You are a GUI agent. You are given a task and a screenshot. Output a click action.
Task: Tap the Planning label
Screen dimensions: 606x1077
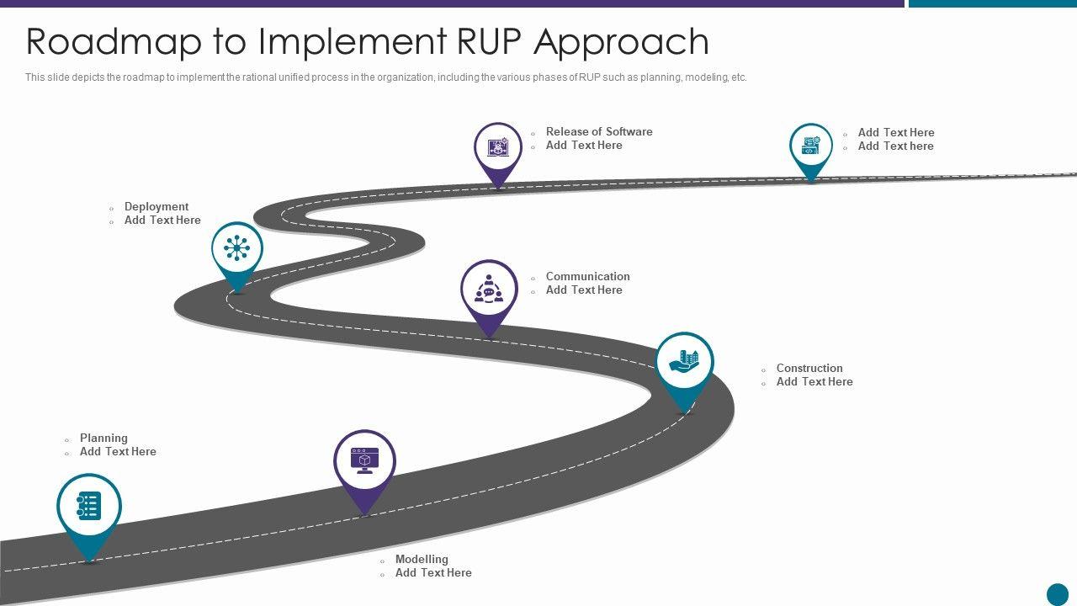pos(103,438)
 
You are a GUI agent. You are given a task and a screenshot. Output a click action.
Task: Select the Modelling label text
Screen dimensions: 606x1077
pos(422,559)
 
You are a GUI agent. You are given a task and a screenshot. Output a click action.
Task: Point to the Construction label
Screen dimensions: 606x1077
pos(809,368)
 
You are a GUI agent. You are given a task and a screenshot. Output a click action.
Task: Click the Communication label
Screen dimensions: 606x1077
pos(587,276)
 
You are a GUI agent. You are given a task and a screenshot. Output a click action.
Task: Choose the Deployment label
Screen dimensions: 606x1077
pos(157,206)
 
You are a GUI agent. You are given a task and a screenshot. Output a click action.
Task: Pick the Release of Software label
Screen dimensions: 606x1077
pos(599,131)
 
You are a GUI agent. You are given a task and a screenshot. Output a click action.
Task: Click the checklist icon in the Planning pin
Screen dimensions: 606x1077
pos(88,506)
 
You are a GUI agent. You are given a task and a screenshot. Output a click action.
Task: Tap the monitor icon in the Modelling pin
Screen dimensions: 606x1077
pos(364,460)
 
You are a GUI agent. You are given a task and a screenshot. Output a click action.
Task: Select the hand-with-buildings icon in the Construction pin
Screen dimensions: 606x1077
pos(684,362)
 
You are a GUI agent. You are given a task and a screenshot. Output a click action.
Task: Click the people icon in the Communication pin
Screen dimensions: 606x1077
pos(489,290)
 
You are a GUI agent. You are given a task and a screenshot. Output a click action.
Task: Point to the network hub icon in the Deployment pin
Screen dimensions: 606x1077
pos(237,247)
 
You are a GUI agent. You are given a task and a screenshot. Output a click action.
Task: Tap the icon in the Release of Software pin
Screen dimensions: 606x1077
pos(498,147)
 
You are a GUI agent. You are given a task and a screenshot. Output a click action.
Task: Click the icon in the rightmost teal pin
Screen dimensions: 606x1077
pos(810,146)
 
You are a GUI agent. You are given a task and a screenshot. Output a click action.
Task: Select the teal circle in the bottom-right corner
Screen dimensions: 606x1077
pos(1057,594)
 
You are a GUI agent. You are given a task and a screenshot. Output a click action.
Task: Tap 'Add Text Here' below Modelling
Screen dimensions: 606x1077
pos(433,572)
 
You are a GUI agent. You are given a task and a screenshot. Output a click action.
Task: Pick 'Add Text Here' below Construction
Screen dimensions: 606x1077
pos(814,381)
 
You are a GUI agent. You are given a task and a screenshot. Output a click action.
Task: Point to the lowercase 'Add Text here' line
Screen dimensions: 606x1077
pos(895,146)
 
